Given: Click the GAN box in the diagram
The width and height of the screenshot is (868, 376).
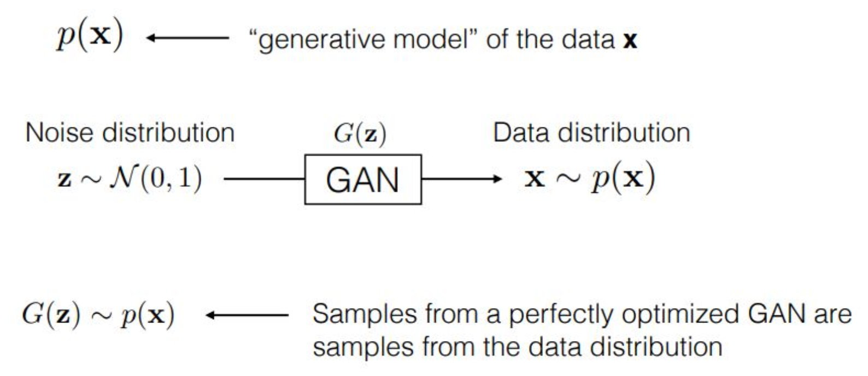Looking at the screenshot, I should (x=363, y=179).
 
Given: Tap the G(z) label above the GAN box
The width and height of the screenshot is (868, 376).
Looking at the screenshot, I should (x=360, y=133).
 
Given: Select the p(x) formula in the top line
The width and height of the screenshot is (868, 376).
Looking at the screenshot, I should (x=90, y=37).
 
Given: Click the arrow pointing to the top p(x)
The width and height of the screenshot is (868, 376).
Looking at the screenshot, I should (x=187, y=38).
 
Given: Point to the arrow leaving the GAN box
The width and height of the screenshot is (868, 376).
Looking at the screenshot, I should (x=461, y=179).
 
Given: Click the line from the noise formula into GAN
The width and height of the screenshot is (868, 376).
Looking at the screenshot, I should (x=264, y=179).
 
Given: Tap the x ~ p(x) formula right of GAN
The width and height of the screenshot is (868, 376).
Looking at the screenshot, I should (x=589, y=178).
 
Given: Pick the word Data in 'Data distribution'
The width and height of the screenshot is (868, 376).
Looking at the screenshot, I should (x=520, y=133).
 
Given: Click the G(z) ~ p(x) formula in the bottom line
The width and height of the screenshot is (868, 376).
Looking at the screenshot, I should (x=98, y=315).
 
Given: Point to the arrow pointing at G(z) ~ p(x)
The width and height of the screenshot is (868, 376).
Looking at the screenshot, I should (x=247, y=315).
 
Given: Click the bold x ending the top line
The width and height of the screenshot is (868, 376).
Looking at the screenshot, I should (x=630, y=40).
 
